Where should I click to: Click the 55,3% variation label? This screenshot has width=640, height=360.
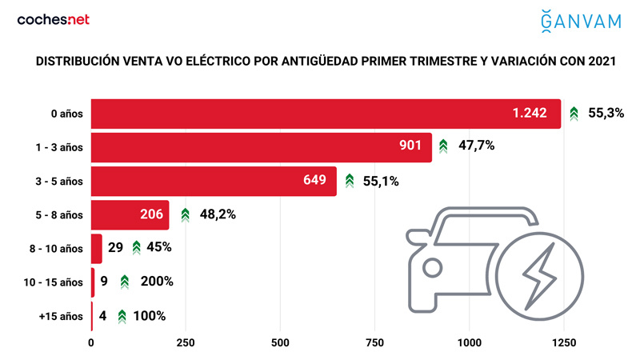606,114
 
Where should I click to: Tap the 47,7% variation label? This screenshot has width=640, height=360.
478,147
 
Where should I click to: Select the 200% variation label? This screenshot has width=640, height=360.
158,282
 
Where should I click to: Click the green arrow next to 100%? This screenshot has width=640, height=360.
122,316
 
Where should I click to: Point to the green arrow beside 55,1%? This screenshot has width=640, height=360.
350,181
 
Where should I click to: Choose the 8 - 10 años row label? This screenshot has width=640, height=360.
58,248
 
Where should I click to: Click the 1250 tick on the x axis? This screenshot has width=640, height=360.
564,343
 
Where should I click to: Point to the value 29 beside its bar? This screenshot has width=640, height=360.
115,248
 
